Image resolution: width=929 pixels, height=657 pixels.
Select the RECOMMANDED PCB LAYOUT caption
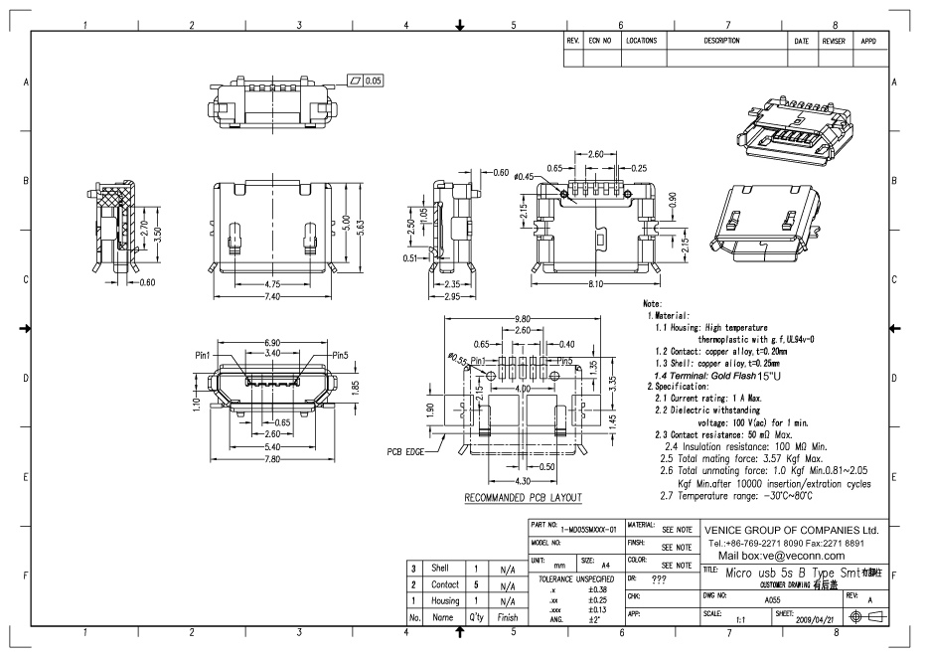524,497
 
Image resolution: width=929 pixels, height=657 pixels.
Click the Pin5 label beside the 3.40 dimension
341,354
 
